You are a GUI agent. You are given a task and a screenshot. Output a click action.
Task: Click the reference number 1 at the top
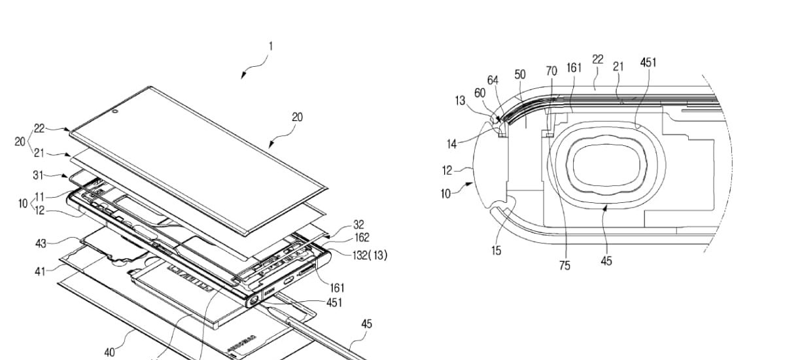[x=271, y=46]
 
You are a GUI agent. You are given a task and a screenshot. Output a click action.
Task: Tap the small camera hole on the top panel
[x=115, y=112]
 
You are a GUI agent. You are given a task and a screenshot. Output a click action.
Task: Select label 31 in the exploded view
[x=38, y=175]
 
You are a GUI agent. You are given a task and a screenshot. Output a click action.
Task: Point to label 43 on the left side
[x=41, y=243]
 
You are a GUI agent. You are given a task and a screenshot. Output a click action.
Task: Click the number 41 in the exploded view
[x=40, y=272]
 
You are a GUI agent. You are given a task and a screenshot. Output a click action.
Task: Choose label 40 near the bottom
[x=110, y=352]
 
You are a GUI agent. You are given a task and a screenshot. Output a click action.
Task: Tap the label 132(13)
[x=370, y=255]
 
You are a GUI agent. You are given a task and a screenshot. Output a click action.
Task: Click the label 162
[x=362, y=238]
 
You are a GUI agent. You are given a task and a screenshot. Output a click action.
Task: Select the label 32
[x=358, y=225]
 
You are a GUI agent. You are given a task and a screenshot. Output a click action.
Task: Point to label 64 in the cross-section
[x=493, y=81]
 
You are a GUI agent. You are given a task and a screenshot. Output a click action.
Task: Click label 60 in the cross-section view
[x=480, y=93]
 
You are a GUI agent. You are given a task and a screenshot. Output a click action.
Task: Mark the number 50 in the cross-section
[x=520, y=75]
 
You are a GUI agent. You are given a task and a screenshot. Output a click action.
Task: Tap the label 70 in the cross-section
[x=551, y=71]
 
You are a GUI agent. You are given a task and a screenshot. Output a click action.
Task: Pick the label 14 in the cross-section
[x=452, y=144]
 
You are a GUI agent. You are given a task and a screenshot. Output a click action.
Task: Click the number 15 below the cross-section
[x=497, y=251]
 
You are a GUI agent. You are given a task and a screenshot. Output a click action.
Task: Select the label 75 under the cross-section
[x=565, y=266]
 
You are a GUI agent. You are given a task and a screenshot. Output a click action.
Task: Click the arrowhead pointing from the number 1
[x=243, y=76]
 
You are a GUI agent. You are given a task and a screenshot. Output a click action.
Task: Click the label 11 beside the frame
[x=40, y=197]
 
